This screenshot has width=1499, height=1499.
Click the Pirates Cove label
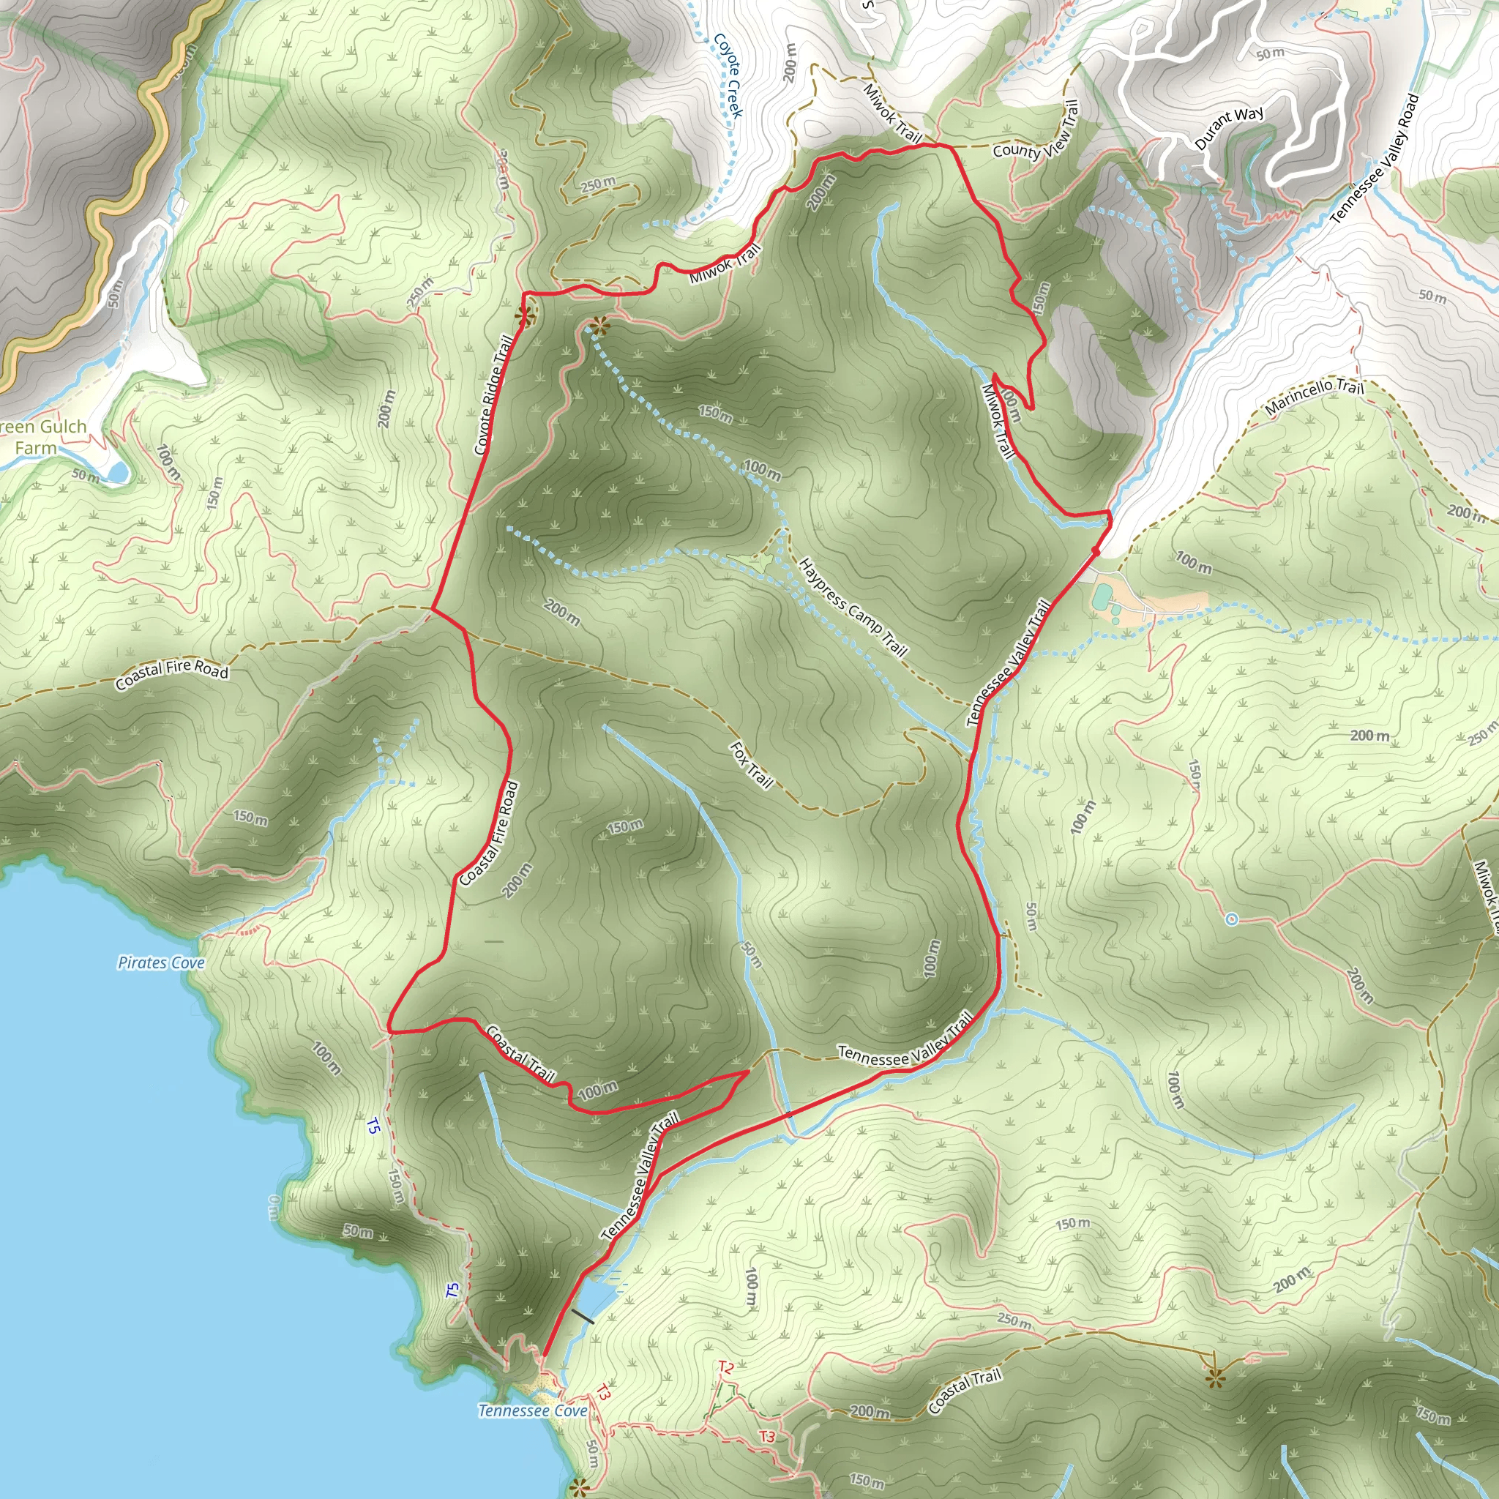click(161, 963)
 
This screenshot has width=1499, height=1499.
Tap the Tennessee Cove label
click(532, 1410)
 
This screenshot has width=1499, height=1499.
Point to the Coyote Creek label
click(728, 75)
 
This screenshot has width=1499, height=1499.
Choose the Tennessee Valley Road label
click(1374, 159)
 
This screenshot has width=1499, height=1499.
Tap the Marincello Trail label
click(1314, 396)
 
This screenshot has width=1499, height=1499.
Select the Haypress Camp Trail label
click(853, 607)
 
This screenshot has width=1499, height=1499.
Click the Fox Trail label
click(751, 765)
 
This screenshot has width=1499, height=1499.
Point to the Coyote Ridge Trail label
click(493, 395)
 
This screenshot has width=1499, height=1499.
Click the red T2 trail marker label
click(725, 1367)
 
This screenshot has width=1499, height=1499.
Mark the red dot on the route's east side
click(1096, 551)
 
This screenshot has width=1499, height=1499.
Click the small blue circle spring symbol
click(1231, 919)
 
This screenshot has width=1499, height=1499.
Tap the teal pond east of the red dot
click(1101, 597)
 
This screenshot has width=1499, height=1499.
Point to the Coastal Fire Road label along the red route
click(489, 834)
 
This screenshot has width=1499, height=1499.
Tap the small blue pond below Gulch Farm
click(116, 471)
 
